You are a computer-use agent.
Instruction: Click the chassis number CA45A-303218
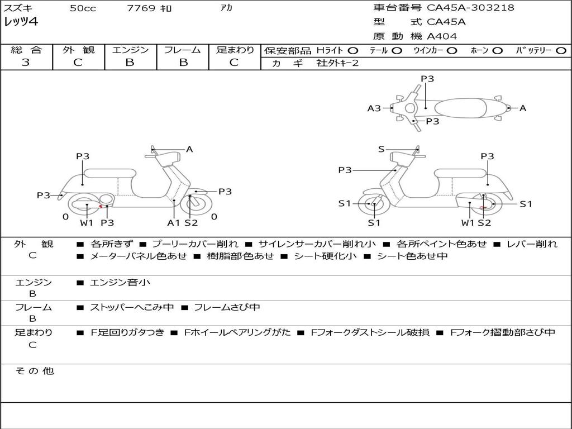pos(470,8)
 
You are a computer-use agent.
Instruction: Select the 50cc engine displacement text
pos(82,8)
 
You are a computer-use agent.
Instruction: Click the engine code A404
pos(442,36)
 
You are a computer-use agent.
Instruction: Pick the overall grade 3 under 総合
pos(26,63)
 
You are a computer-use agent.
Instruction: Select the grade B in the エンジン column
pos(130,63)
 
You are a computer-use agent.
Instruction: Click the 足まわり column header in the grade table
pos(235,50)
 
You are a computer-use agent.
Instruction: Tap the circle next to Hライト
pos(352,51)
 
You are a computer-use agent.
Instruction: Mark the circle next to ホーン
pos(497,51)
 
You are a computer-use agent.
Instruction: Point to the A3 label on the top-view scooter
pos(374,108)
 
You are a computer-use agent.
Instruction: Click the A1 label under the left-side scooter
pos(174,223)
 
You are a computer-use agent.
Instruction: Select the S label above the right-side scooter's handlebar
pos(381,149)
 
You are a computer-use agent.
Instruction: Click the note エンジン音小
pos(120,283)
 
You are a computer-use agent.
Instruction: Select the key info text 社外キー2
pos(337,63)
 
